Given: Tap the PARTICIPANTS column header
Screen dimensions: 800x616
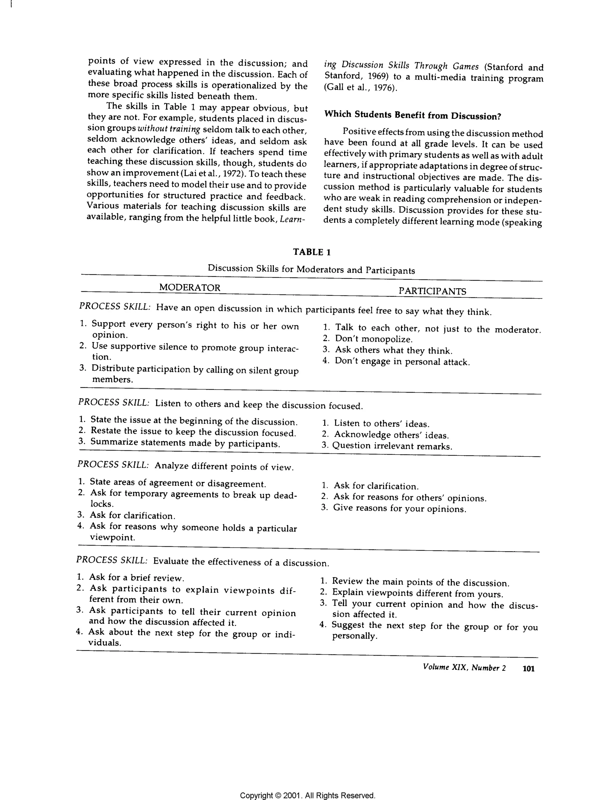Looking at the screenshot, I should [x=432, y=291].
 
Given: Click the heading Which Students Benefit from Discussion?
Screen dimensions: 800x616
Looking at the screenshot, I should [x=413, y=116].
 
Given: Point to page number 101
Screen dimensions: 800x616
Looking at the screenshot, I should [x=528, y=669].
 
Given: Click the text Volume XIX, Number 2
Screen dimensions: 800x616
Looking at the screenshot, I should [x=464, y=667].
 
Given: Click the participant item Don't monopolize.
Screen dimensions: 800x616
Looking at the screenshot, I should [x=374, y=339].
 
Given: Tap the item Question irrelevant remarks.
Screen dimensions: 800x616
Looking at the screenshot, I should [x=392, y=446].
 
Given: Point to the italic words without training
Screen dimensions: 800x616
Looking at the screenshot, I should [x=168, y=130].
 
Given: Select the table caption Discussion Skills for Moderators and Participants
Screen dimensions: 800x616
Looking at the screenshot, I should [x=311, y=270].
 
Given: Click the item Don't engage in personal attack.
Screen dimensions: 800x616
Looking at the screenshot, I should [x=402, y=362].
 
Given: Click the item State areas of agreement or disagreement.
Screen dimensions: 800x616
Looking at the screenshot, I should [x=178, y=483].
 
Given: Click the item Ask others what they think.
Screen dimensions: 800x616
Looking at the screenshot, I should [x=393, y=351].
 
